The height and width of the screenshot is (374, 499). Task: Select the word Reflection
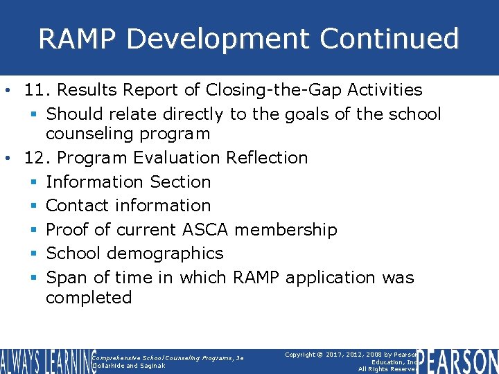click(x=267, y=158)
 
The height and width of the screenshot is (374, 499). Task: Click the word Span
click(x=67, y=278)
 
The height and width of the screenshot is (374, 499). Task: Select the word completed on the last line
click(x=89, y=298)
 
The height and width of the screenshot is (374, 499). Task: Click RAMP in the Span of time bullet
click(x=256, y=278)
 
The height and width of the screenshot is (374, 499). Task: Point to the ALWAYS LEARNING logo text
click(x=46, y=361)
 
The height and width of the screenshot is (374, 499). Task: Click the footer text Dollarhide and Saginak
click(x=128, y=366)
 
